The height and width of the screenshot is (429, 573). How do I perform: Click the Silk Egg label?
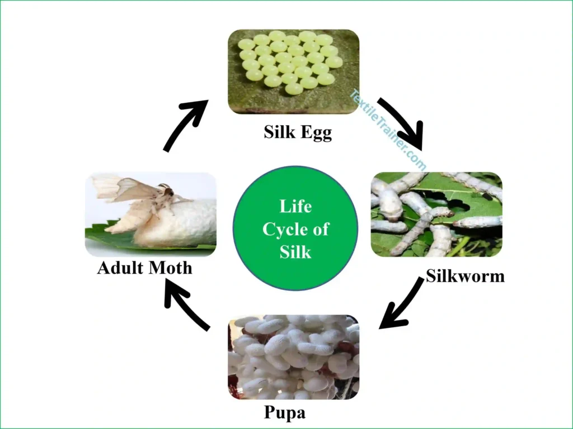[298, 133]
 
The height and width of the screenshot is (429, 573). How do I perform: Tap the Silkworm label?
[465, 275]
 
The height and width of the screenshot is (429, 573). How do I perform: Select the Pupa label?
[285, 413]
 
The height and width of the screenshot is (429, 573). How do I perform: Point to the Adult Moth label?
[144, 268]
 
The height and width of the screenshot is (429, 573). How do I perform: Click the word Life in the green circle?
[295, 207]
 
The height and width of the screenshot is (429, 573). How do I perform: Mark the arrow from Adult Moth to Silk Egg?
[185, 123]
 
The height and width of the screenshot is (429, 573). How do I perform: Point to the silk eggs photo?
[293, 71]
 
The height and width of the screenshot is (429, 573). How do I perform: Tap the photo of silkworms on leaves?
[436, 214]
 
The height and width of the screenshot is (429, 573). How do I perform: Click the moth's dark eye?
[168, 193]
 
